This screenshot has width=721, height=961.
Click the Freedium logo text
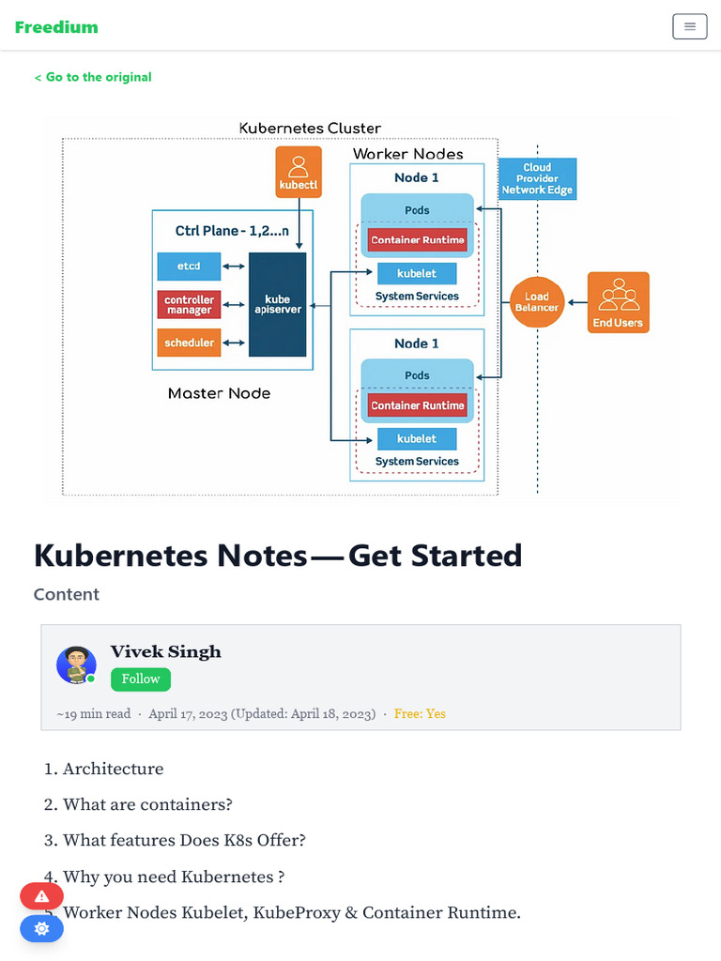[56, 27]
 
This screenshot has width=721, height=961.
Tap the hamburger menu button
[689, 26]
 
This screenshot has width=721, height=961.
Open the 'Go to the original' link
[93, 77]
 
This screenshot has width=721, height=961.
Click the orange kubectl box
[299, 173]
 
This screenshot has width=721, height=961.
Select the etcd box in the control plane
[189, 267]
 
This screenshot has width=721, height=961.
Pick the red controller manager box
[189, 305]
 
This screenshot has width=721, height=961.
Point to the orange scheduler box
[189, 343]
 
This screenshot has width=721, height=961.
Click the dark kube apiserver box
[278, 304]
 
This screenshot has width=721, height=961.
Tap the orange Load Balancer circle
[536, 302]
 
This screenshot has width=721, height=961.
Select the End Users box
[617, 302]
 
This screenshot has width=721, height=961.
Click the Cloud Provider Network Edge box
[537, 178]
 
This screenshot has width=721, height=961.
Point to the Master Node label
[219, 394]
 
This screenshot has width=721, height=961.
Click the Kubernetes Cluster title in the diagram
[310, 129]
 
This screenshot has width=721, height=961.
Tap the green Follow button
[141, 679]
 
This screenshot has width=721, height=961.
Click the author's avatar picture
[76, 664]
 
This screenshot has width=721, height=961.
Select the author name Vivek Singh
[166, 651]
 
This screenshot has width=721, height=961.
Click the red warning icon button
[41, 896]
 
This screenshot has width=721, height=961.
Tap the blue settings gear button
[41, 928]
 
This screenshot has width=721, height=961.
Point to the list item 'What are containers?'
[147, 804]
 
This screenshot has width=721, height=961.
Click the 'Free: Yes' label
[420, 714]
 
